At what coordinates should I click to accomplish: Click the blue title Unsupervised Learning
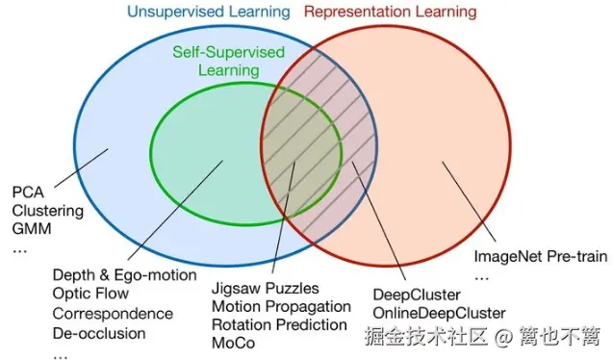[x=208, y=13]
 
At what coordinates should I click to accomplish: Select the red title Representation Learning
[x=390, y=13]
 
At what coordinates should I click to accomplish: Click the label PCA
[x=29, y=192]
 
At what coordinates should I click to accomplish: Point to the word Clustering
[x=48, y=211]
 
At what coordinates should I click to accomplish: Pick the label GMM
[x=32, y=229]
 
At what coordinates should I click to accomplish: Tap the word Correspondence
[x=113, y=314]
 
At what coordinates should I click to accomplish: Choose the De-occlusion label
[x=99, y=333]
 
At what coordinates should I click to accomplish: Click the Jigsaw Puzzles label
[x=265, y=288]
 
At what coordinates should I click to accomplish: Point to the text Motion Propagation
[x=281, y=306]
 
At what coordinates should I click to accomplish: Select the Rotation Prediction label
[x=279, y=324]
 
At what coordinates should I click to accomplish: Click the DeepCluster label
[x=416, y=295]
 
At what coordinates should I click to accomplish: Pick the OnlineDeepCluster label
[x=438, y=313]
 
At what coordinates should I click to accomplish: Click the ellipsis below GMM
[x=21, y=248]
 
